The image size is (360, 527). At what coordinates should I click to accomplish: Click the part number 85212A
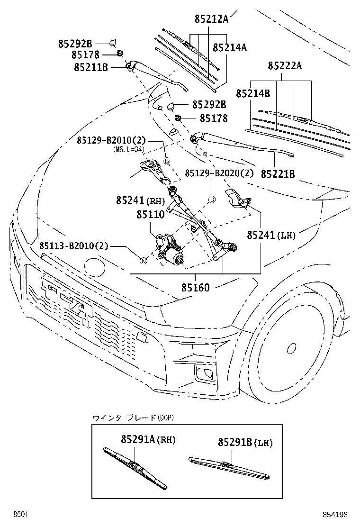pyautogui.click(x=211, y=19)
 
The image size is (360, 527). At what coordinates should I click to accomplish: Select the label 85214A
pyautogui.click(x=230, y=48)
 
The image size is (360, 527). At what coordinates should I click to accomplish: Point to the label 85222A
pyautogui.click(x=284, y=66)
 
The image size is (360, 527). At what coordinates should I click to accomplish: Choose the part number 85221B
pyautogui.click(x=277, y=174)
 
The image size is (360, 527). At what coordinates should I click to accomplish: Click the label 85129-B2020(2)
pyautogui.click(x=219, y=173)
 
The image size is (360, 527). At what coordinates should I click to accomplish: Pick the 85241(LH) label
pyautogui.click(x=270, y=235)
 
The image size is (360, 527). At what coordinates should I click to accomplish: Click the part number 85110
pyautogui.click(x=151, y=215)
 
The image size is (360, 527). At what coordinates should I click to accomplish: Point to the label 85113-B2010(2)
pyautogui.click(x=74, y=246)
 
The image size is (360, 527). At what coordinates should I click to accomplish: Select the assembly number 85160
pyautogui.click(x=195, y=287)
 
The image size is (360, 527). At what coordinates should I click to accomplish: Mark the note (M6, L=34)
pyautogui.click(x=128, y=149)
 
